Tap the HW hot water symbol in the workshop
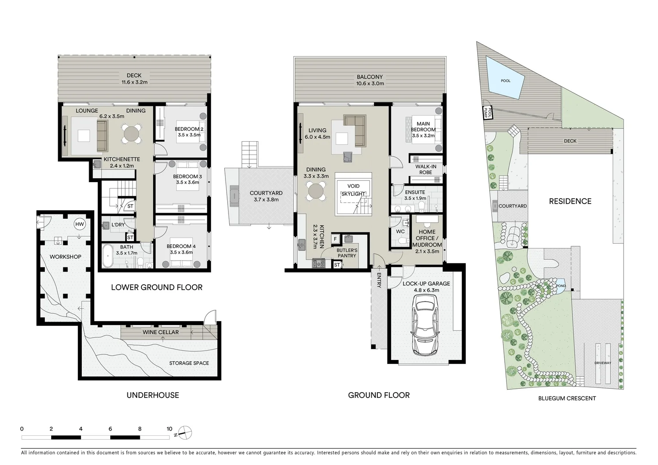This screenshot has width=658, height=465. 80,224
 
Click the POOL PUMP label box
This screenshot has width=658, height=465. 487,113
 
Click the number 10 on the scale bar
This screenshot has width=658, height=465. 170,429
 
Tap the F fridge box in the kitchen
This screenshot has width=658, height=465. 335,239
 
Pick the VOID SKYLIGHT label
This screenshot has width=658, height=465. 353,190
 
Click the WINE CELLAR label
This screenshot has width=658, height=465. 161,332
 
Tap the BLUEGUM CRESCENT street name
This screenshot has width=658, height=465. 567,398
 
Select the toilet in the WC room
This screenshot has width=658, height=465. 403,242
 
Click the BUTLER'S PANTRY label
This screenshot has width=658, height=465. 347,253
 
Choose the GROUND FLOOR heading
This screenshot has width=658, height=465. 379,395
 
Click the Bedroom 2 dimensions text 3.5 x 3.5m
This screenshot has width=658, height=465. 189,135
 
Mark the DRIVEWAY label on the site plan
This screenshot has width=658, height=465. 602,363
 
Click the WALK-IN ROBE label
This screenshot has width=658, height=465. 426,169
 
